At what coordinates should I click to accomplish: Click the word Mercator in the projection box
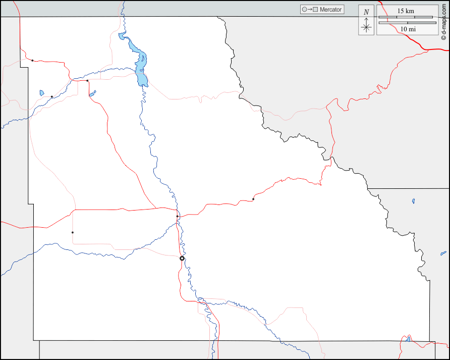[x=330, y=10]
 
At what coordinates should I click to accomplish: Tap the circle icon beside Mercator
[x=304, y=10]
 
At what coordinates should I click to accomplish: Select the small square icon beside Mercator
[x=315, y=10]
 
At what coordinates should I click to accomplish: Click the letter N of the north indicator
[x=366, y=12]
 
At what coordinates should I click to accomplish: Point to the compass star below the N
[x=366, y=27]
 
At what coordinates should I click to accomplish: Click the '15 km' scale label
[x=406, y=11]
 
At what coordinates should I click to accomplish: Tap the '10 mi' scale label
[x=408, y=29]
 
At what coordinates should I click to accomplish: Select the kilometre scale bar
[x=406, y=17]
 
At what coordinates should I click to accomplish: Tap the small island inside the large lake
[x=143, y=59]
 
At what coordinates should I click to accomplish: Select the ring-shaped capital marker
[x=182, y=258]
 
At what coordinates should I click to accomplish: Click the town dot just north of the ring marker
[x=178, y=216]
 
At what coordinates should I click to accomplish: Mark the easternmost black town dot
[x=253, y=199]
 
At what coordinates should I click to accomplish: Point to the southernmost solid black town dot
[x=73, y=232]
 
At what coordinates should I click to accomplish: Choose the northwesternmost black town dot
[x=32, y=61]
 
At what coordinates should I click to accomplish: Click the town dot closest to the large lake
[x=87, y=80]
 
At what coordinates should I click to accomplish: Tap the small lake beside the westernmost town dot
[x=42, y=92]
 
